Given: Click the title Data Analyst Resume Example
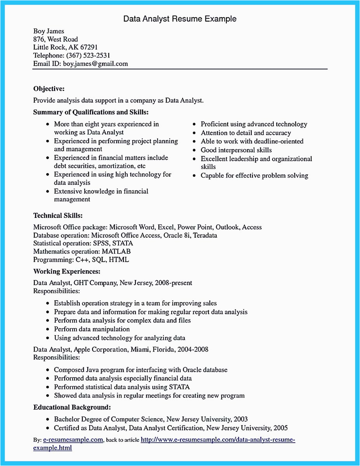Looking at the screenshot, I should (x=180, y=19).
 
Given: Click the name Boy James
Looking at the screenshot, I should (x=49, y=31).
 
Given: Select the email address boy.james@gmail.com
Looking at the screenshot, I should (x=96, y=64).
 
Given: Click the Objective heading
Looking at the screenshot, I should (x=49, y=88).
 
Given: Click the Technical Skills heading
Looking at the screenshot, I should (x=58, y=215).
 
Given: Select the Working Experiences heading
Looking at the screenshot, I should (x=67, y=271).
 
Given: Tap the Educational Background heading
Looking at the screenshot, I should (x=72, y=407).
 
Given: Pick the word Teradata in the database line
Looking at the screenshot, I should (x=205, y=235).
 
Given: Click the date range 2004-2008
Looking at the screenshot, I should (x=193, y=349).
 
